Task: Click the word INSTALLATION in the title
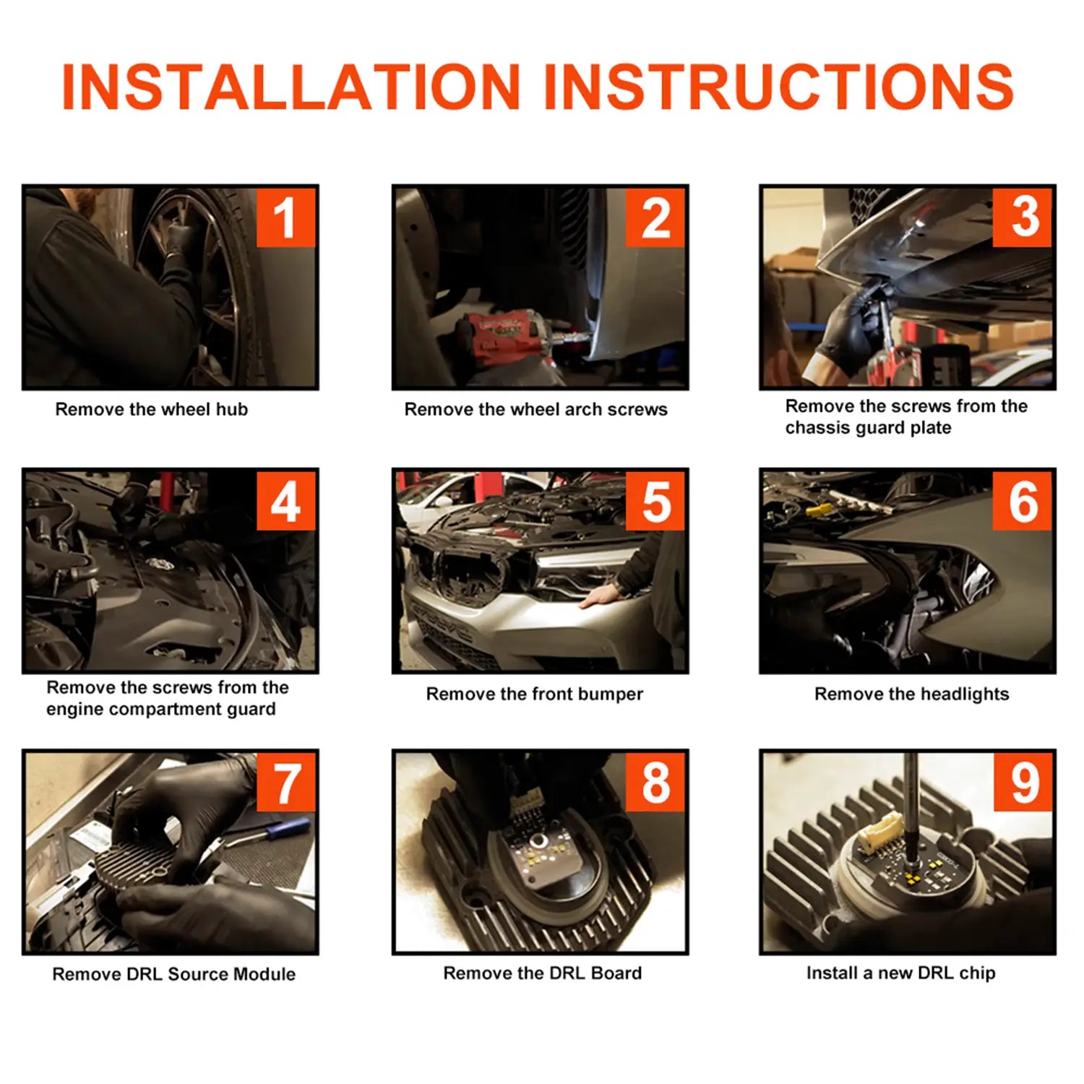point(291,87)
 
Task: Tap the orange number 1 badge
point(286,218)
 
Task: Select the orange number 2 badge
point(655,218)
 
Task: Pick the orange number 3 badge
point(1023,218)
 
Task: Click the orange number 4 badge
point(286,501)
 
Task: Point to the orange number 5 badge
point(655,501)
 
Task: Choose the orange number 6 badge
point(1023,501)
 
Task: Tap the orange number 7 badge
point(286,782)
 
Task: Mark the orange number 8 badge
point(655,782)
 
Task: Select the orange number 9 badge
point(1023,782)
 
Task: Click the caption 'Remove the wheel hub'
point(152,410)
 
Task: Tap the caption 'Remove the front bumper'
point(535,694)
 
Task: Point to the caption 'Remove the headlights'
point(912,694)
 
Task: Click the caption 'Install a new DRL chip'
point(901,973)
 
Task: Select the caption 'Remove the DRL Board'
point(543,973)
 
